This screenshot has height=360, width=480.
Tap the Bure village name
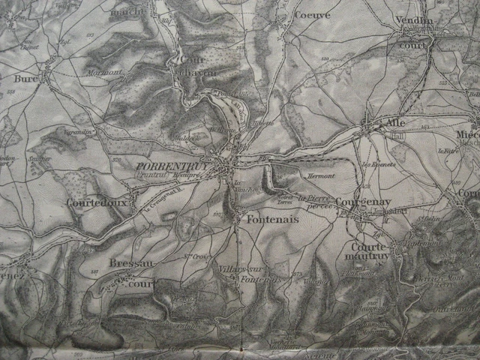(25, 77)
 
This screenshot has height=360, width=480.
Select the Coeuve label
(313, 14)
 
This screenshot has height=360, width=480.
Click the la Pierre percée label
(314, 202)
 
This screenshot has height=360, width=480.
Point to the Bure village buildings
(46, 75)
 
